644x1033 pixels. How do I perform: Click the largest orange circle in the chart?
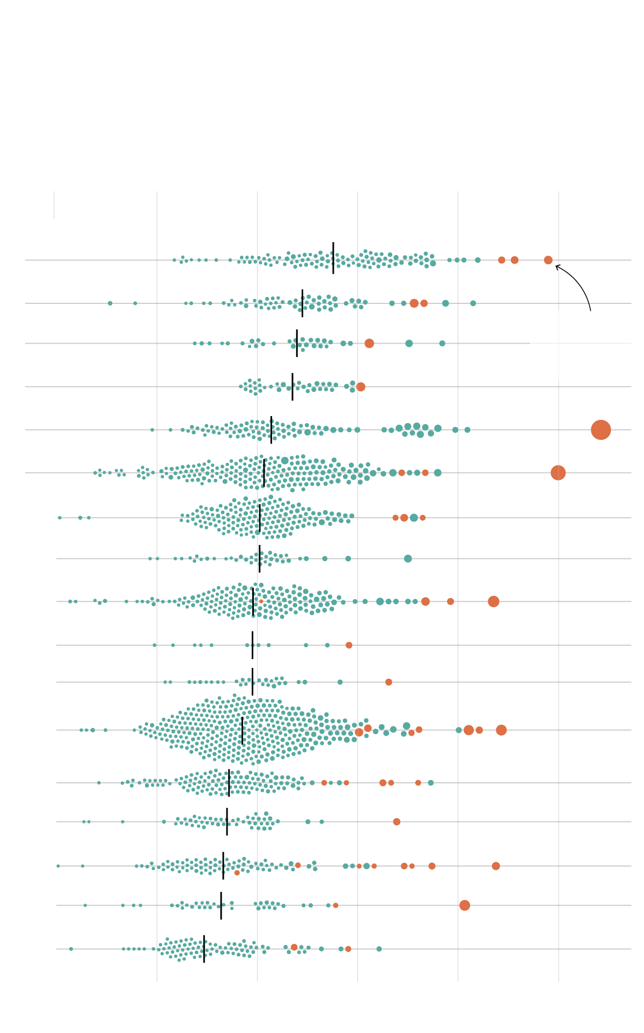point(601,430)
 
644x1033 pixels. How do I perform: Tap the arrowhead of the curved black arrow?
point(557,266)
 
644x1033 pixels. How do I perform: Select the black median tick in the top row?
point(333,258)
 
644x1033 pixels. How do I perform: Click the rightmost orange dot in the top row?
point(548,260)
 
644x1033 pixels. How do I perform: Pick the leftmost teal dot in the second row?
point(110,303)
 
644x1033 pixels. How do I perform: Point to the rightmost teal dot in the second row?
point(473,303)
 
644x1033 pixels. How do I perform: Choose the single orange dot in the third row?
point(369,343)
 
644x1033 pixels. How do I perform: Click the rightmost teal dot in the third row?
point(442,343)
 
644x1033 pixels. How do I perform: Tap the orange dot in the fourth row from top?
point(361,387)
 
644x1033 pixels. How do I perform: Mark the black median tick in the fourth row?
point(292,387)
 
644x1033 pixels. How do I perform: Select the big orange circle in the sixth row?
point(558,472)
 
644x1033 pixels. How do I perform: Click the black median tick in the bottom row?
point(204,949)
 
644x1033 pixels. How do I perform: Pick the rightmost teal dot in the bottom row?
point(379,949)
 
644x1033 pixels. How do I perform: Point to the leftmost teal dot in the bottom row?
point(71,949)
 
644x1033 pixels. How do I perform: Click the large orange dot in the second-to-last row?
point(465,905)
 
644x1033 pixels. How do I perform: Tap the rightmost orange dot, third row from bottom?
point(496,866)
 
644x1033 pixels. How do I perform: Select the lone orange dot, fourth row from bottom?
point(397,821)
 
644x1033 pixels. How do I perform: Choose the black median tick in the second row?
point(302,303)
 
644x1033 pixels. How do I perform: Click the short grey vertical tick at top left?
point(54,205)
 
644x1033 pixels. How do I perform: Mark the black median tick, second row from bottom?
point(221,905)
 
